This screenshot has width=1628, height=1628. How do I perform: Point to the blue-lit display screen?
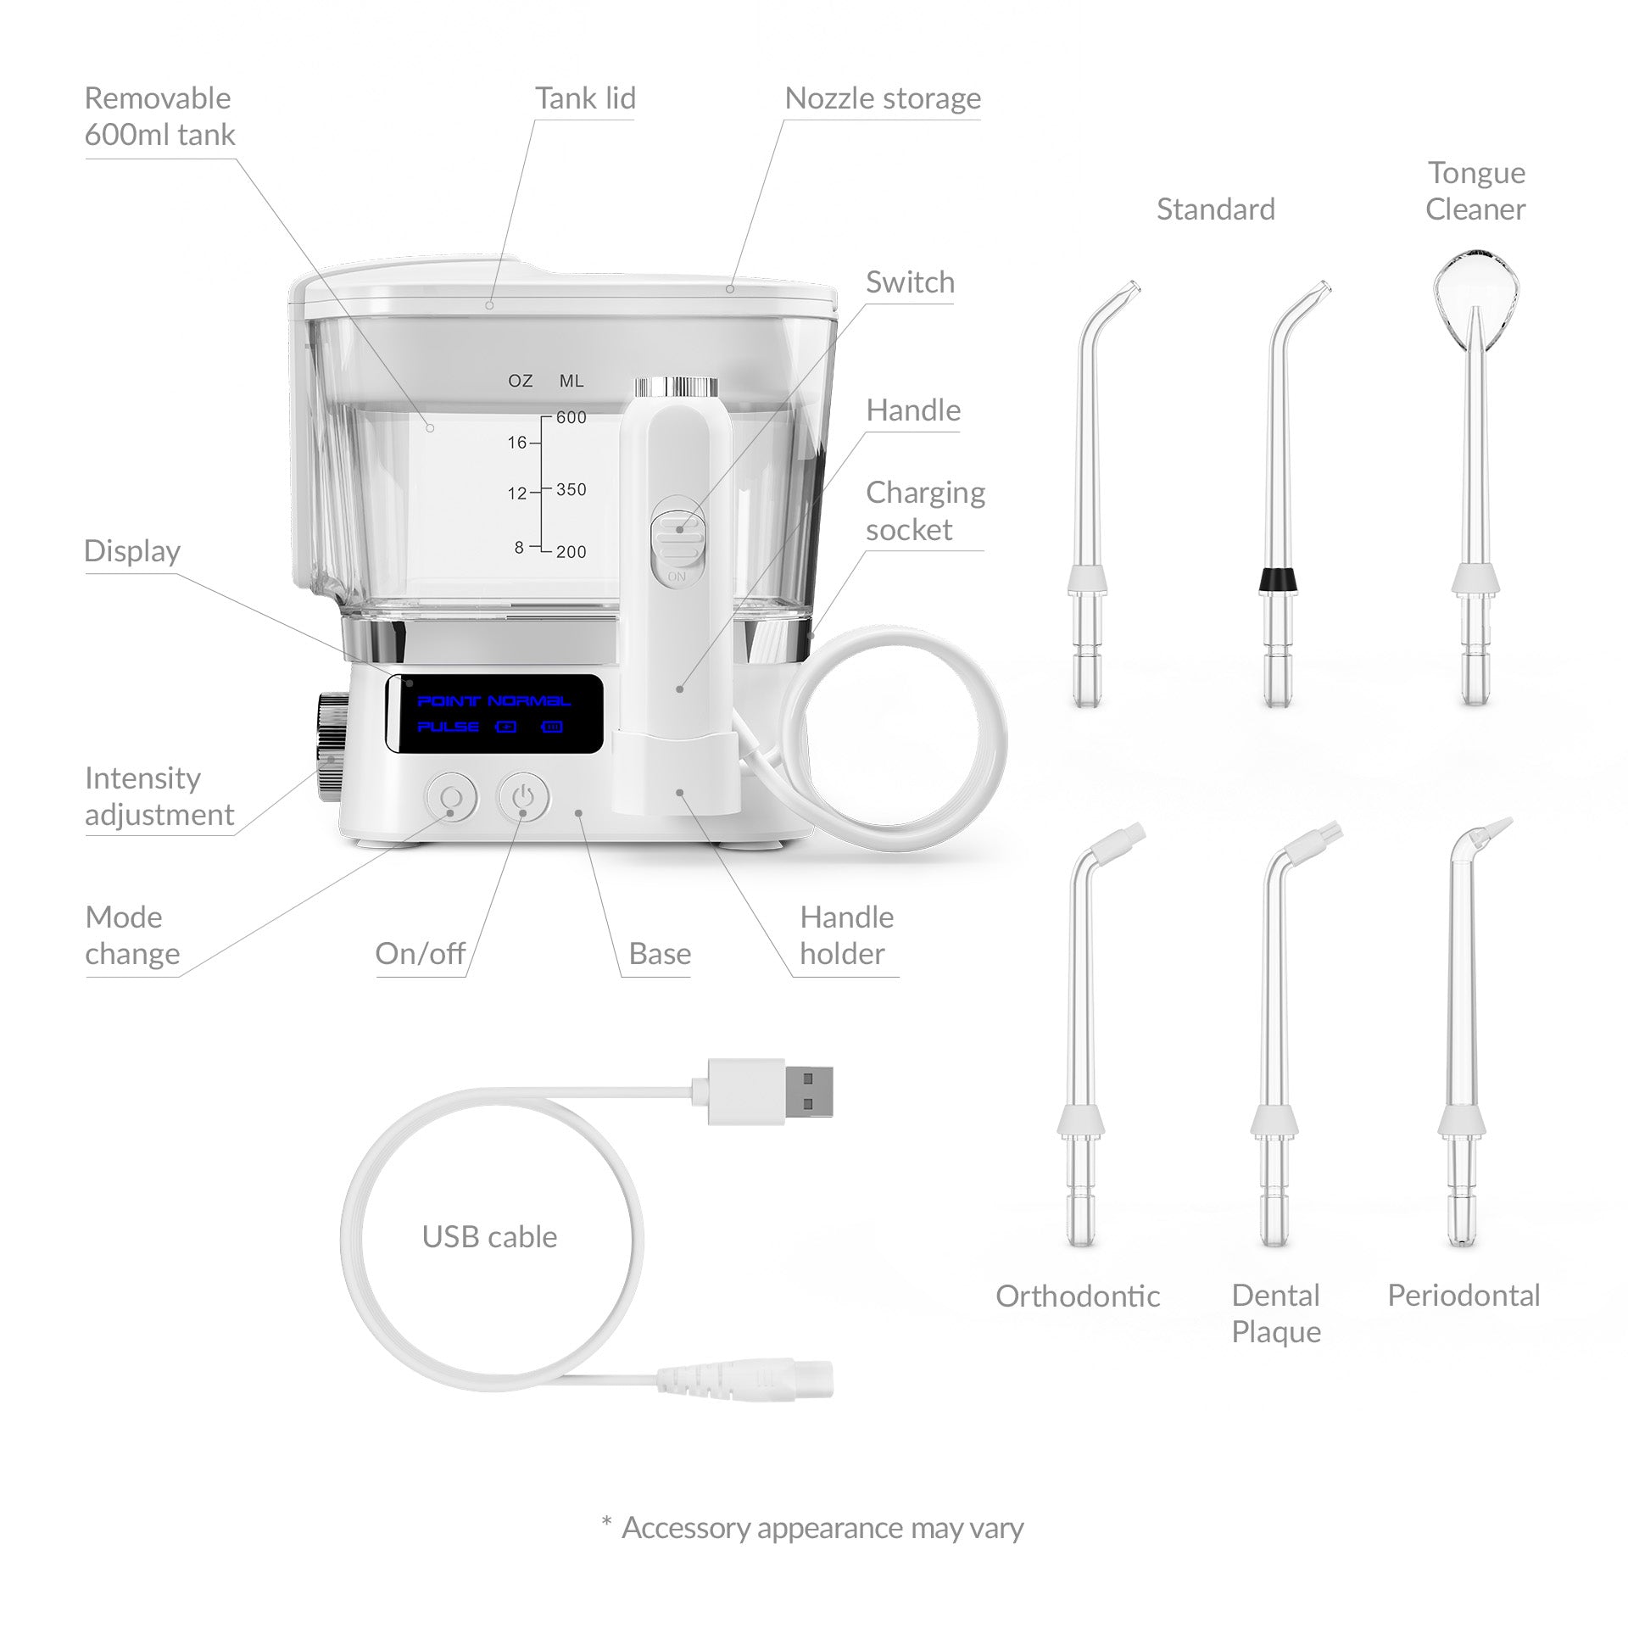[x=494, y=713]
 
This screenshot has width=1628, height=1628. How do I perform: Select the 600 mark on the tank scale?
[x=571, y=417]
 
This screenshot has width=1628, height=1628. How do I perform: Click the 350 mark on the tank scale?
[x=571, y=489]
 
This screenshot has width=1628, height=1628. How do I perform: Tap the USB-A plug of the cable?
[x=762, y=1092]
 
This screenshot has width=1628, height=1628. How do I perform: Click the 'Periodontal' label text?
[x=1464, y=1295]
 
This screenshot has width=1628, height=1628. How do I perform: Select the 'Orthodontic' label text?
[x=1078, y=1296]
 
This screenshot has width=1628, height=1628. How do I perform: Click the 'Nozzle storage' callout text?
[x=883, y=98]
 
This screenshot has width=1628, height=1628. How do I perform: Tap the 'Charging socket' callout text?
[x=925, y=510]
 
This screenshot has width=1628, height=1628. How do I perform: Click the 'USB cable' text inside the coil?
[x=490, y=1237]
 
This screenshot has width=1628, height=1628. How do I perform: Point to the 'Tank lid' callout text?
[x=585, y=98]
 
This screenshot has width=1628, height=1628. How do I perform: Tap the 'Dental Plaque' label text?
[x=1276, y=1313]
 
